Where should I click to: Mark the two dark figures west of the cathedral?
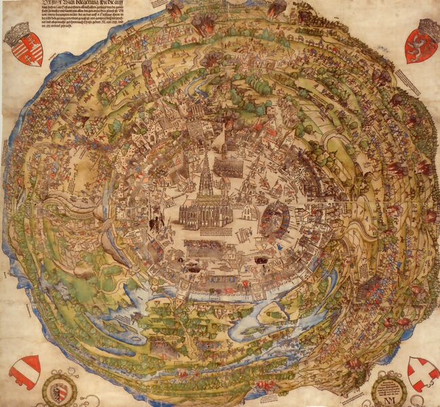point(156,220)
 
